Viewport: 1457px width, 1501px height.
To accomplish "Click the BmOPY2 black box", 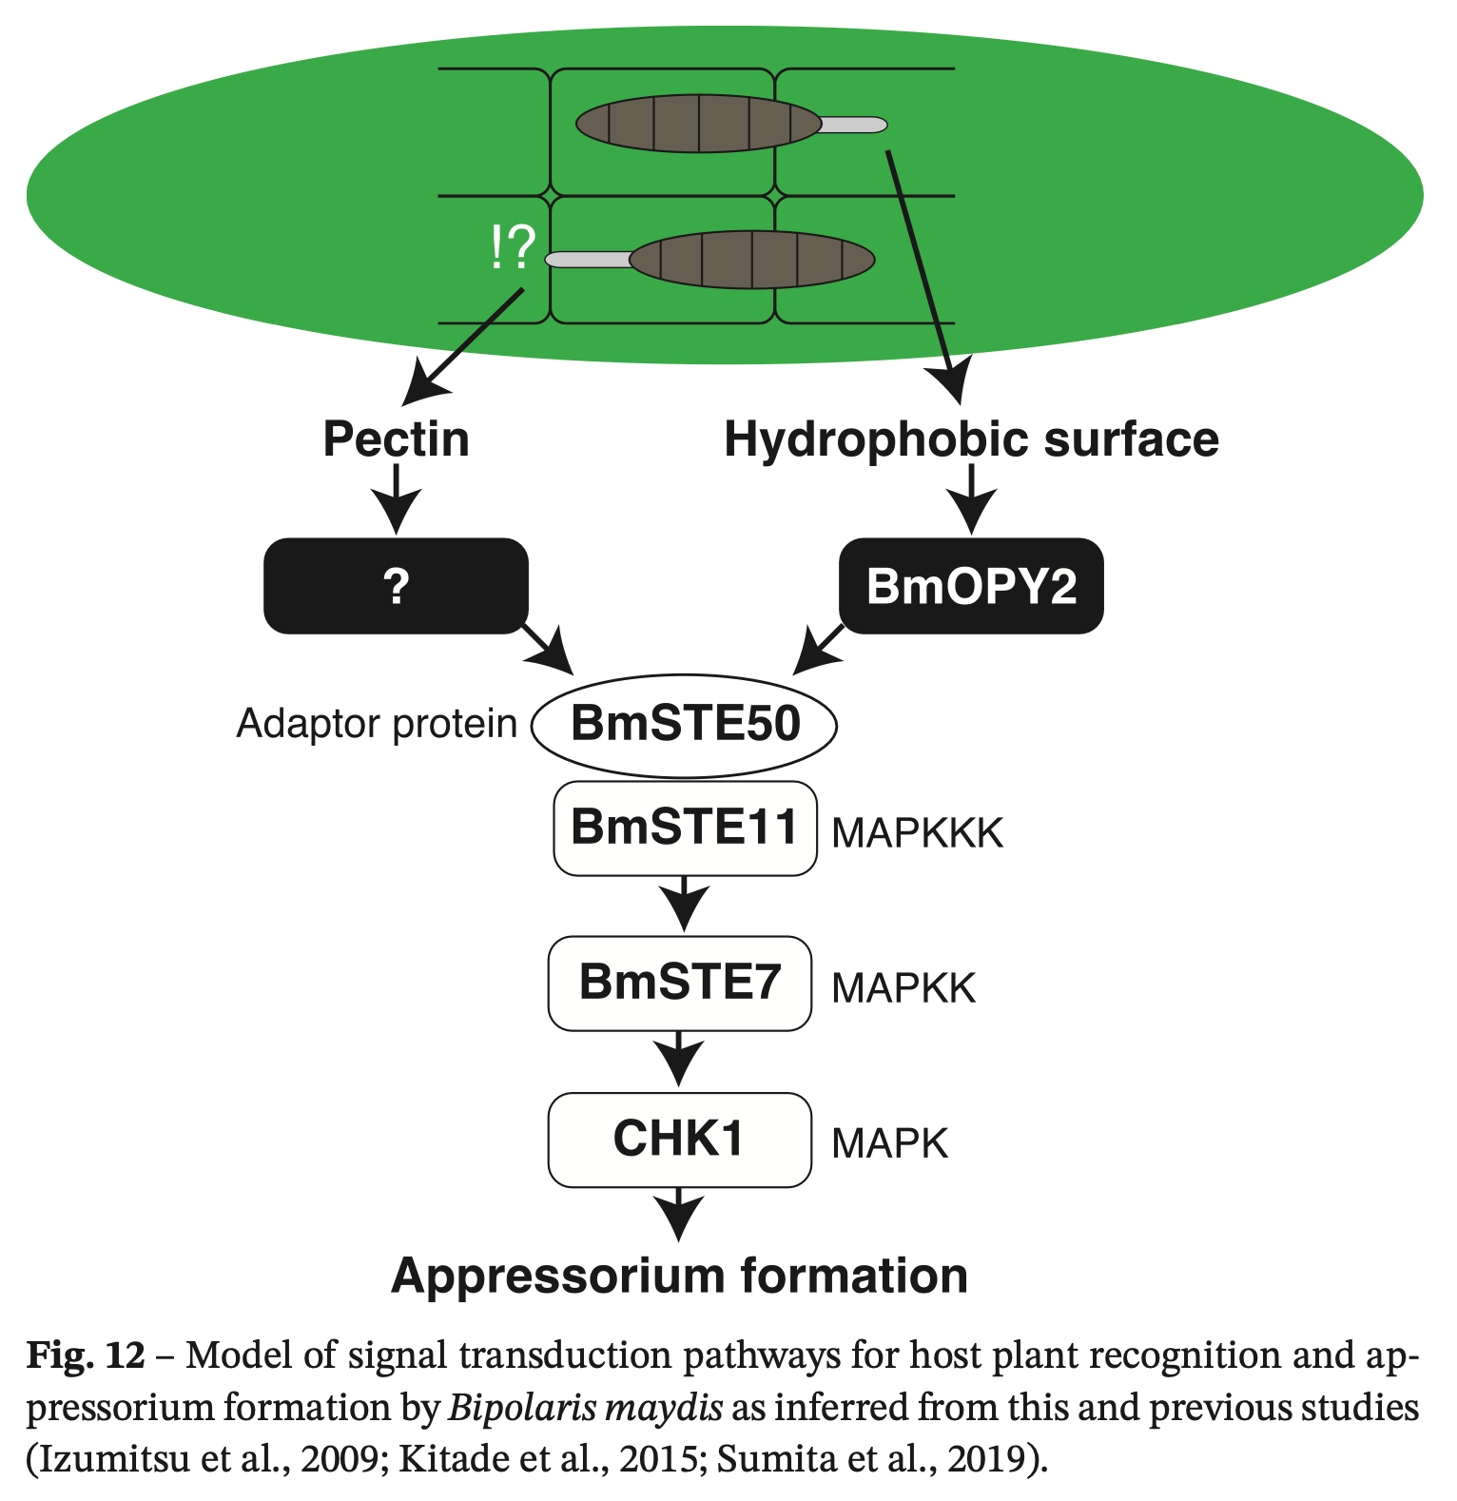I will click(971, 586).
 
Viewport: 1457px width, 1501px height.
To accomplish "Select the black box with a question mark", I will click(396, 586).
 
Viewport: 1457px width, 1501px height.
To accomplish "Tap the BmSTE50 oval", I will click(685, 724).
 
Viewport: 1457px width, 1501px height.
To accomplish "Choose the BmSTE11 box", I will click(685, 828).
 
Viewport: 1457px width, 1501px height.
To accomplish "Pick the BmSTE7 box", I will click(680, 983).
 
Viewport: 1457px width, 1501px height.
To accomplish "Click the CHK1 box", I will click(680, 1139).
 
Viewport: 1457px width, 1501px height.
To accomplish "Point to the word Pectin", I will click(396, 439).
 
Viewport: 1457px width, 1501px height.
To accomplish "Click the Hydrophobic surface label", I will click(971, 439).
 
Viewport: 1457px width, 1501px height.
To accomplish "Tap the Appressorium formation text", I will click(679, 1276).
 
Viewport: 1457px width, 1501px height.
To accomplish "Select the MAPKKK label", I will click(918, 834).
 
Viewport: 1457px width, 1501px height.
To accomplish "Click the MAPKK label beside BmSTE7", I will click(903, 989).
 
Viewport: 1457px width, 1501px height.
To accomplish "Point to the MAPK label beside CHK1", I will click(890, 1144).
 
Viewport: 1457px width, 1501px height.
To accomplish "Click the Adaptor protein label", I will click(377, 724).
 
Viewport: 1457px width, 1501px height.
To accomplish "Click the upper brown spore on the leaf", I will click(699, 124).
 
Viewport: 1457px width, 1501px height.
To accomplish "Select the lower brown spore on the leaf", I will click(751, 259).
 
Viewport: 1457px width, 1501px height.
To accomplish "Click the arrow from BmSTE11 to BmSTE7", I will click(685, 904).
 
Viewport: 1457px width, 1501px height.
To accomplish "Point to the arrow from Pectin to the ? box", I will click(396, 499).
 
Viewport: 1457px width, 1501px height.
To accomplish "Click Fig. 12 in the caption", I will click(86, 1355).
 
